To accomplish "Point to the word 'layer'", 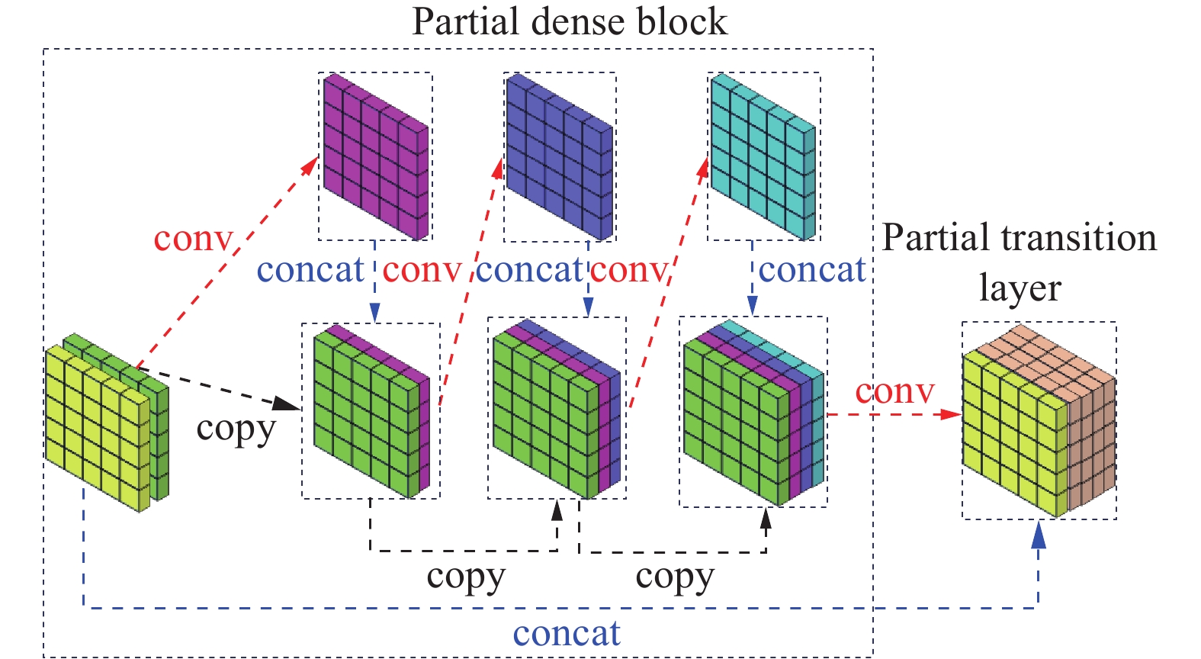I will (x=1020, y=288).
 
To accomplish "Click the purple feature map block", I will (x=374, y=156).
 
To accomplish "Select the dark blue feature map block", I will (x=559, y=156).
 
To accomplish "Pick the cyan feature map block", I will (x=763, y=156).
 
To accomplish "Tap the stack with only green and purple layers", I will (x=371, y=412).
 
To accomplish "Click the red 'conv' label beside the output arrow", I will (x=894, y=391).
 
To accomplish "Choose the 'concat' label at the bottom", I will (x=567, y=634).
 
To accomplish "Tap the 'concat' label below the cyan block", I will (x=812, y=270).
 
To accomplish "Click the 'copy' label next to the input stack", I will (x=236, y=429).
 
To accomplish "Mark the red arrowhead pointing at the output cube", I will (x=952, y=414).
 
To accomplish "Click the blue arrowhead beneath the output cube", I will (x=1038, y=535).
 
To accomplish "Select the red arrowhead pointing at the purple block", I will (x=310, y=166).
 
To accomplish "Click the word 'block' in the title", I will (x=683, y=21).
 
